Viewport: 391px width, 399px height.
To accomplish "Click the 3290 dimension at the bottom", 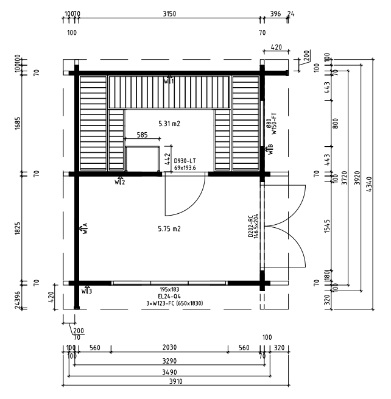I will [170, 361].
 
